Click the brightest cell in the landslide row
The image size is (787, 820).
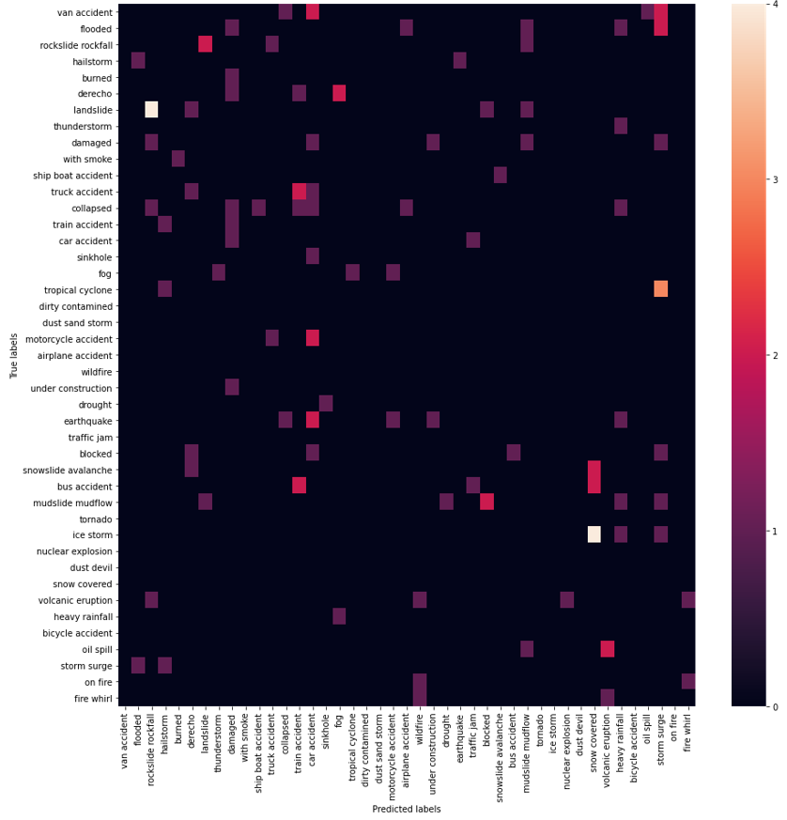[x=151, y=110]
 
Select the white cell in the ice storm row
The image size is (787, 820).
[x=594, y=534]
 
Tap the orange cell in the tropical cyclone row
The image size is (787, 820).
[x=660, y=289]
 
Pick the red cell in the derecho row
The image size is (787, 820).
[x=339, y=94]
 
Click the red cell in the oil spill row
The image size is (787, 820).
[x=607, y=649]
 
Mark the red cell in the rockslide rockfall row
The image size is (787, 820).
[x=205, y=45]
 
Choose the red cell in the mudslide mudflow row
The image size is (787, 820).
[x=486, y=502]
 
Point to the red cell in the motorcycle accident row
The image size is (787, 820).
[x=312, y=338]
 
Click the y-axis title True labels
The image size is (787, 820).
[x=13, y=355]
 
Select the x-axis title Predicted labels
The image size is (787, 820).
[x=406, y=809]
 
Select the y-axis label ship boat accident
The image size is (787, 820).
[x=73, y=176]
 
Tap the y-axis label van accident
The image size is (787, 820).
[x=85, y=12]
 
